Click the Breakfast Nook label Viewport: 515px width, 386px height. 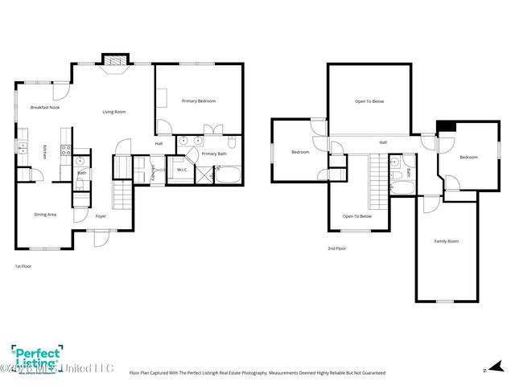coord(44,107)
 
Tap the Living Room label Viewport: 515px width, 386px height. coord(113,112)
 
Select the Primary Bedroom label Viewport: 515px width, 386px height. coord(198,101)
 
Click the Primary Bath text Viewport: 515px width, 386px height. coord(214,154)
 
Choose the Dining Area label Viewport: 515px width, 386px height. coord(45,215)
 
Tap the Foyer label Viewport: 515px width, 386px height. coord(101,216)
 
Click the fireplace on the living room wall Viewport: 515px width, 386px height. coord(114,61)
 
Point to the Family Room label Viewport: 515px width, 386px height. coord(446,241)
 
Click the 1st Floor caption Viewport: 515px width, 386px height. coord(24,265)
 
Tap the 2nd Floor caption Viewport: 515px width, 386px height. coord(336,249)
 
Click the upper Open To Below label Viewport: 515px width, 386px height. coord(369,101)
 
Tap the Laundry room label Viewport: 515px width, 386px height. coord(152,173)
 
